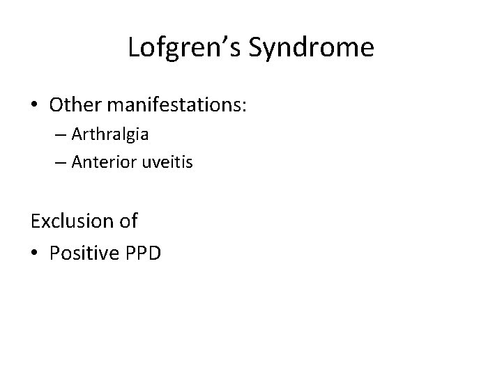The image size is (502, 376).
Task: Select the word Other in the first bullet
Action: (x=73, y=104)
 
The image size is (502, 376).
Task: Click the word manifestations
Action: (x=174, y=104)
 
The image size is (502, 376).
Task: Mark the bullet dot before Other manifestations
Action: (x=35, y=104)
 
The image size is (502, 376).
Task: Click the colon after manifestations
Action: (x=248, y=106)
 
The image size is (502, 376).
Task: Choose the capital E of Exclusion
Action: (x=36, y=221)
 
